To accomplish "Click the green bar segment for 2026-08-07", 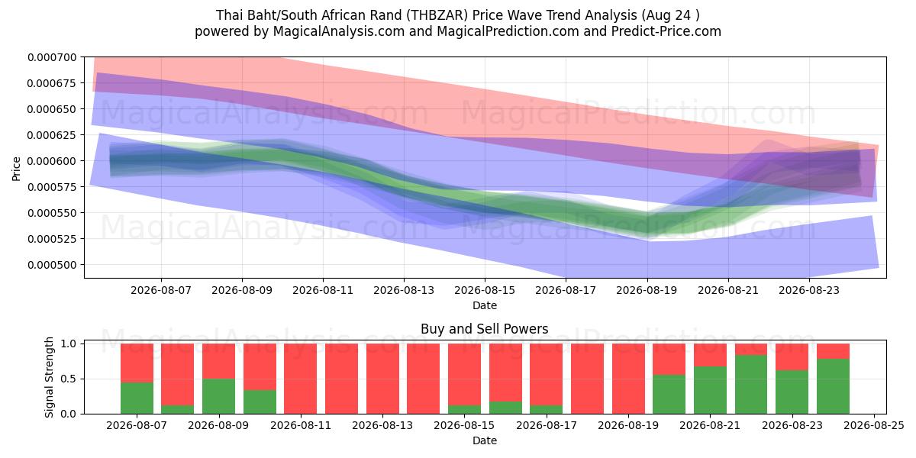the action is click(x=137, y=398).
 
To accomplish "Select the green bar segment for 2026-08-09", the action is click(x=219, y=396).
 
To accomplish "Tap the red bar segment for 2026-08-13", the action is click(x=382, y=379).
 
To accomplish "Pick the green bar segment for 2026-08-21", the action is click(x=711, y=390).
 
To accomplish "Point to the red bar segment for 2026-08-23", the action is click(x=792, y=357).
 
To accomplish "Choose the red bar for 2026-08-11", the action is click(x=301, y=379).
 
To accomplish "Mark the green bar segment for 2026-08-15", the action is click(x=465, y=409).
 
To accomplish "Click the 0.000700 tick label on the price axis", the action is click(x=52, y=57).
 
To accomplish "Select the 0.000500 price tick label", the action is click(x=52, y=265).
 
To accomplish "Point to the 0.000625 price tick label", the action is click(x=52, y=135).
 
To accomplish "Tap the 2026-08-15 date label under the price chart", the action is click(x=485, y=290).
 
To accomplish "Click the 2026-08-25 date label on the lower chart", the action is click(x=874, y=426).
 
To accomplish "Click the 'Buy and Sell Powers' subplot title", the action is click(x=485, y=329).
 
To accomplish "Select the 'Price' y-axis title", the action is click(x=16, y=169).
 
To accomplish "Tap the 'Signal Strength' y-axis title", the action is click(x=49, y=377).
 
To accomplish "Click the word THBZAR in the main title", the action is click(x=437, y=15).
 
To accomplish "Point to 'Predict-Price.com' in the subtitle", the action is click(x=666, y=31).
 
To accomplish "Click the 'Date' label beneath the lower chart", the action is click(x=485, y=441).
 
